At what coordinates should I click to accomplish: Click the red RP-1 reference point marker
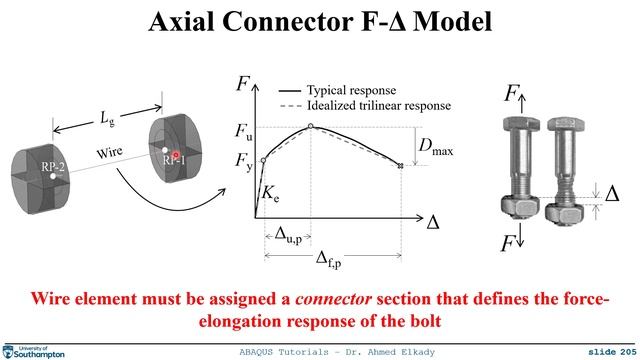[x=175, y=155]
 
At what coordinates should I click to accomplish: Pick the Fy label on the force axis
[x=244, y=159]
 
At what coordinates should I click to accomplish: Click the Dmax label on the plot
[x=434, y=148]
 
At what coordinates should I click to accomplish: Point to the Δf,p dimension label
[x=329, y=262]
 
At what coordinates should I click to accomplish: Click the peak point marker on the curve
[x=311, y=126]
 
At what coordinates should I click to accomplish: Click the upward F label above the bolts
[x=512, y=96]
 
